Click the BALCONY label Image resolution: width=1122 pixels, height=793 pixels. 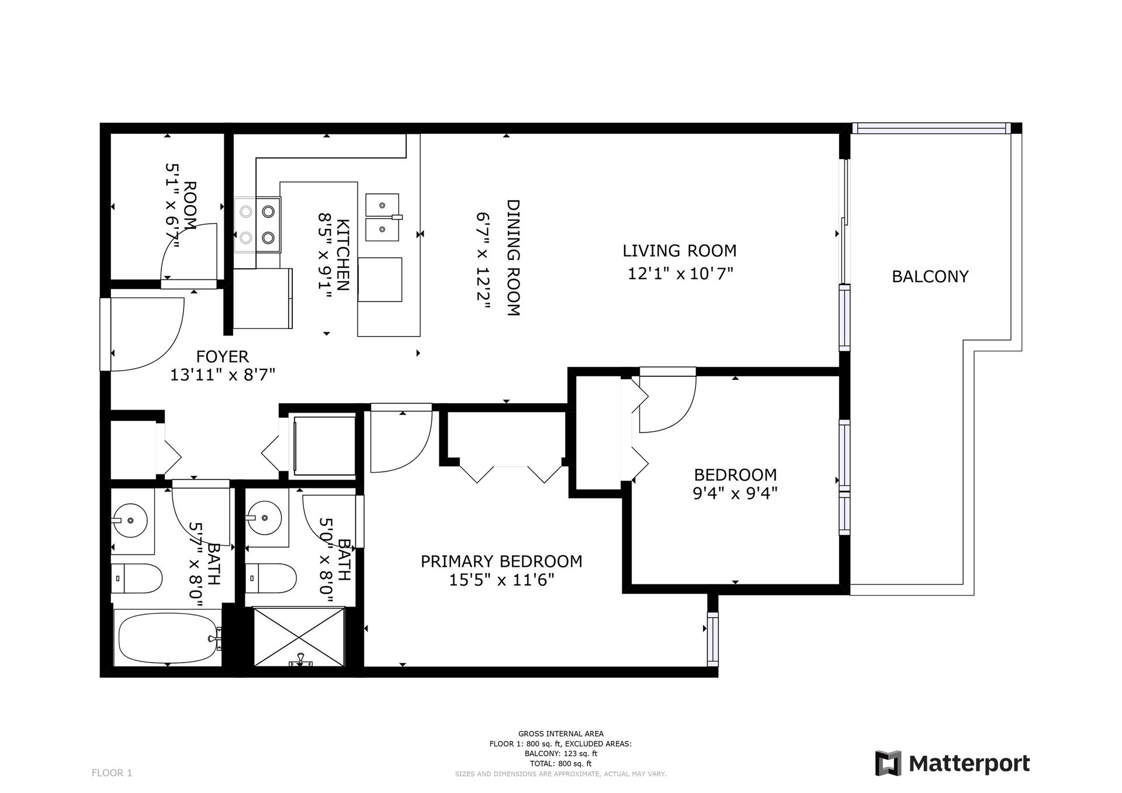930,276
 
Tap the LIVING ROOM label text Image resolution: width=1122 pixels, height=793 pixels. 679,251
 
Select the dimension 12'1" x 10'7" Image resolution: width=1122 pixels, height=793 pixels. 680,273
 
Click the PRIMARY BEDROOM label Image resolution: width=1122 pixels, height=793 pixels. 501,562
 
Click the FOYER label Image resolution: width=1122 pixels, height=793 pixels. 222,356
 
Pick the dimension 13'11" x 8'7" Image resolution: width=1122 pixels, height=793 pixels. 223,375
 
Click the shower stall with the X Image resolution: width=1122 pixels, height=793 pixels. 299,636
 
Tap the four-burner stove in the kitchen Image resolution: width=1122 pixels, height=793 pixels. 258,224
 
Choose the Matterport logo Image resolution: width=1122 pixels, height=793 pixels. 953,764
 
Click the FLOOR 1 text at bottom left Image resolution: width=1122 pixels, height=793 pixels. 112,773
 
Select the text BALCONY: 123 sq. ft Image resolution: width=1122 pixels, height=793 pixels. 561,754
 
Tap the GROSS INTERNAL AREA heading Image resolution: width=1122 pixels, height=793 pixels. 561,734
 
